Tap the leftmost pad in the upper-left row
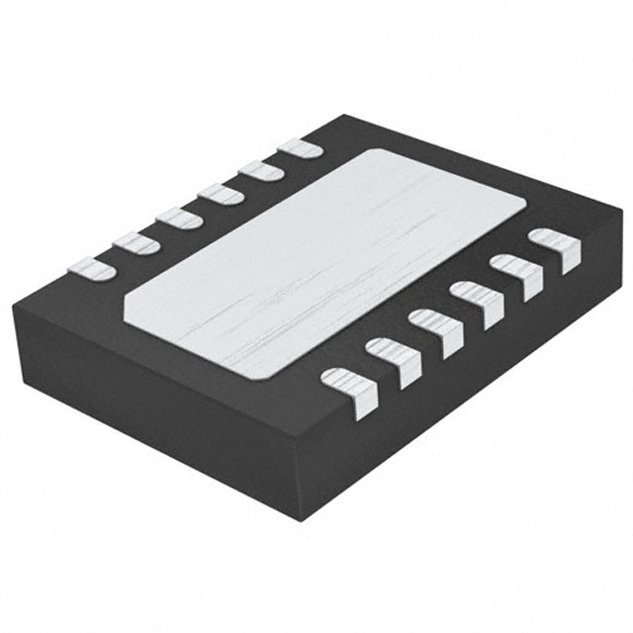click(x=91, y=267)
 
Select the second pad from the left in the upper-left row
click(x=136, y=241)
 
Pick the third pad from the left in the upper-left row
click(x=179, y=217)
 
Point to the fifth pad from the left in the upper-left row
click(x=261, y=170)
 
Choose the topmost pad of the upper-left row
click(x=300, y=148)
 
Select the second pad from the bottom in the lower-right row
click(x=394, y=362)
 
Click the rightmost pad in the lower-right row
click(x=555, y=250)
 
